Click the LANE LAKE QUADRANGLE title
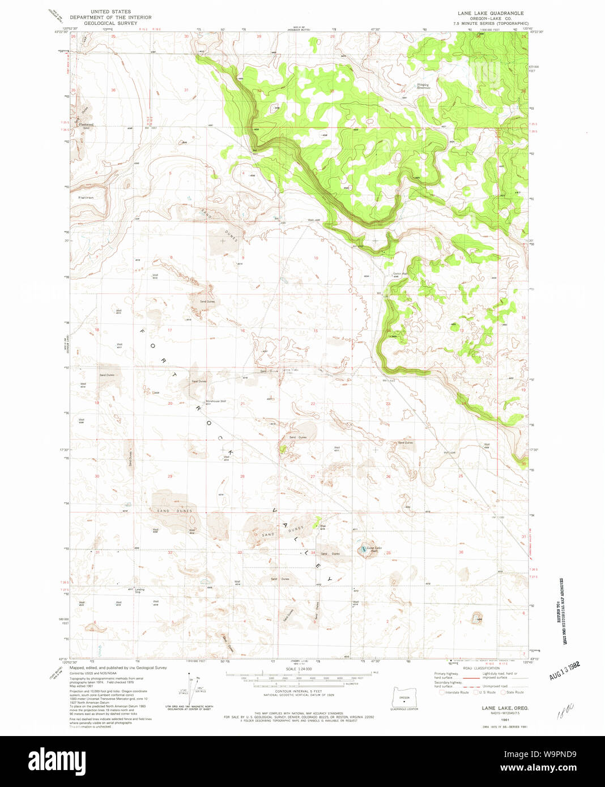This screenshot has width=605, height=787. (x=491, y=13)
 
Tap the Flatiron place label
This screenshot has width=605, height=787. (x=86, y=198)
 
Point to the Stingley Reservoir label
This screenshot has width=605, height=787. (x=423, y=86)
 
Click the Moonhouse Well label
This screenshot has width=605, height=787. (x=215, y=401)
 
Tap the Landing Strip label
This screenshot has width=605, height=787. (x=139, y=591)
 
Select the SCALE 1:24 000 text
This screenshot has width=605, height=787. (x=297, y=669)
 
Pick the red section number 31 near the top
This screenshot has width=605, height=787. (x=186, y=90)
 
